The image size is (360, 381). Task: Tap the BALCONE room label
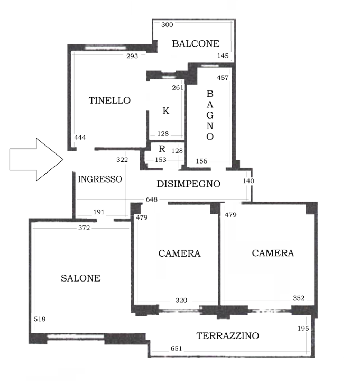[196, 44]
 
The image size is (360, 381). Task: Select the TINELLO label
[109, 100]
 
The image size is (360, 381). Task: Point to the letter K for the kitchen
[165, 111]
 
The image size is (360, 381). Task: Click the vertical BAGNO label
[210, 115]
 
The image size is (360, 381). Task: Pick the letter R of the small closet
[162, 148]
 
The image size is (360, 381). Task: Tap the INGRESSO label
[100, 179]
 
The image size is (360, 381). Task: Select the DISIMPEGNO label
[189, 184]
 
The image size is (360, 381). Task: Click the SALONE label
[80, 278]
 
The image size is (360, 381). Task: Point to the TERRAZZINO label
[228, 335]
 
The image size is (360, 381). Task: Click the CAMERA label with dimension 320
[179, 253]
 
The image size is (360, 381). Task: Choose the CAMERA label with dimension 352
[273, 253]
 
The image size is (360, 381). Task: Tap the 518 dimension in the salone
[39, 320]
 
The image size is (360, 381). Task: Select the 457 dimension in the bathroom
[223, 78]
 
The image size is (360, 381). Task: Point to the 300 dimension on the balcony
[167, 25]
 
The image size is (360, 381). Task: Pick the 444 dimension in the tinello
[80, 138]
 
